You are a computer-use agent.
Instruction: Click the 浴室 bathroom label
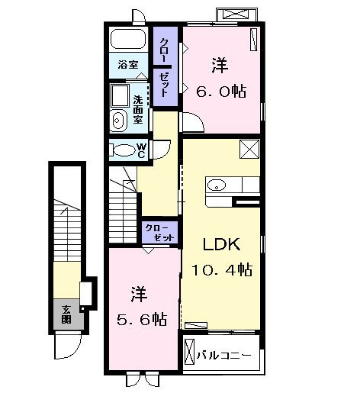(127, 65)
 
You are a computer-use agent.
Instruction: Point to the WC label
(141, 150)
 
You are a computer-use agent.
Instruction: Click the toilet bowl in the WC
(122, 150)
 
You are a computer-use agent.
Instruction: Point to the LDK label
(221, 245)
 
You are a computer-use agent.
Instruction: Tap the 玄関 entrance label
(66, 314)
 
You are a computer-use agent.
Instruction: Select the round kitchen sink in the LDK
(216, 185)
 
